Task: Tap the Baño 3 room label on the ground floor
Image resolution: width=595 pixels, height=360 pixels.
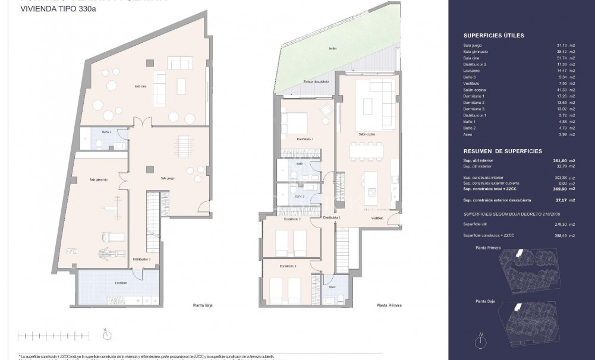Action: (107, 131)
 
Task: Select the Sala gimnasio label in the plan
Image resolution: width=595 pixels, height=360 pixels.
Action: (98, 179)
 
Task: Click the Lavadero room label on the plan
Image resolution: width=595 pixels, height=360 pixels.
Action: (121, 283)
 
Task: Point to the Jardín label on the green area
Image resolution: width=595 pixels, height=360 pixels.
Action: (324, 49)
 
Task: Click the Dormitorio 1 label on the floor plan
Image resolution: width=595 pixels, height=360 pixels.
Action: (304, 139)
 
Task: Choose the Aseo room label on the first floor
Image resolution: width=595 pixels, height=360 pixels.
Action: (332, 285)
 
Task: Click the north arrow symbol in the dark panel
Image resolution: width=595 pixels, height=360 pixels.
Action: (480, 340)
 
